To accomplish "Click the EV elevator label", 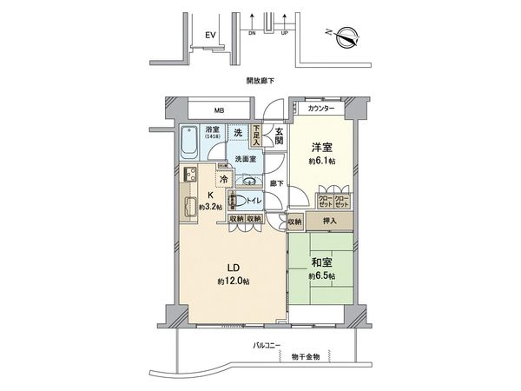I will pyautogui.click(x=209, y=35).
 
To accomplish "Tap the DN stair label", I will pyautogui.click(x=251, y=35).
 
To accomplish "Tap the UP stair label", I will pyautogui.click(x=284, y=35).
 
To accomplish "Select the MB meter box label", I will pyautogui.click(x=219, y=111).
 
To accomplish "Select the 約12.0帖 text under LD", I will pyautogui.click(x=234, y=283).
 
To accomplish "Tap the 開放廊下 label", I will pyautogui.click(x=260, y=80).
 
